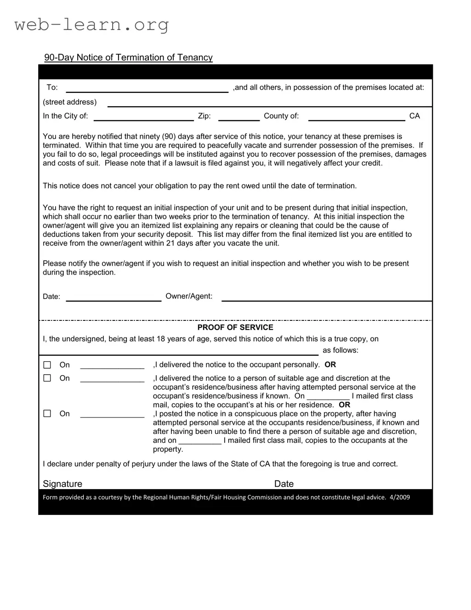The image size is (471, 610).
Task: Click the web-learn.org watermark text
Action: tap(91, 24)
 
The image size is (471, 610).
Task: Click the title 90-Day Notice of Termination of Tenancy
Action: tap(128, 57)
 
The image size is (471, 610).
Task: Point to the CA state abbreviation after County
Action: tap(414, 116)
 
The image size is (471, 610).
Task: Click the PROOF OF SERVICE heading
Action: tap(235, 327)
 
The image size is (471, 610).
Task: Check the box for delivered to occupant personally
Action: tap(47, 365)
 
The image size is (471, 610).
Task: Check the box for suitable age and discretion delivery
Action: tap(47, 378)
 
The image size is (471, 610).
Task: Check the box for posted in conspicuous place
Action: tap(47, 414)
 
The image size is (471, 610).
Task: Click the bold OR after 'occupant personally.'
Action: tap(330, 365)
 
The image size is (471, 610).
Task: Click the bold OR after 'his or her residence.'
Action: tap(344, 405)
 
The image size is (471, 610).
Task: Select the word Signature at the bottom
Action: tap(62, 484)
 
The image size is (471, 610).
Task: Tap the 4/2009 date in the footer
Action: tap(399, 497)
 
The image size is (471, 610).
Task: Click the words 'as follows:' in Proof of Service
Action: tap(340, 350)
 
